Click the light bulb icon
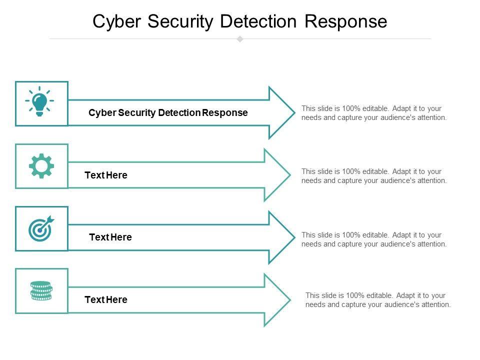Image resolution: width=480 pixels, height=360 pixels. click(39, 101)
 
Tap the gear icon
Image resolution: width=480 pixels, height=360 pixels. click(41, 166)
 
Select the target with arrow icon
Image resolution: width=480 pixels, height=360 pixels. click(41, 228)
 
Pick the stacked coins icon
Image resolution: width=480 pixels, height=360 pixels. click(41, 290)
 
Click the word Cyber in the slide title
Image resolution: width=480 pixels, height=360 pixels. click(116, 21)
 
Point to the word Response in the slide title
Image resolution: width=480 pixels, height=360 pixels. click(346, 21)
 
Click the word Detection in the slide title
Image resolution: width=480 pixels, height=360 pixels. click(258, 21)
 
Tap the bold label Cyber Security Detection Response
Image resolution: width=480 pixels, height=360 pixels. click(168, 112)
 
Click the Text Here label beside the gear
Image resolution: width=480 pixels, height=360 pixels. click(106, 175)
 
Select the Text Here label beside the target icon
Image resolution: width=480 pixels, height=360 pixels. click(110, 237)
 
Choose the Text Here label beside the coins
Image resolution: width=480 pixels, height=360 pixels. click(106, 299)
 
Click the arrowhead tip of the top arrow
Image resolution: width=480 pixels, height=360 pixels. click(295, 112)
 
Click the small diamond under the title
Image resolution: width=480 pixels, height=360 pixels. click(240, 39)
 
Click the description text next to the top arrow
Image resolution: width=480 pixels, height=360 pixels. click(374, 113)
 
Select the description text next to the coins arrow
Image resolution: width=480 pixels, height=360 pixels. click(378, 300)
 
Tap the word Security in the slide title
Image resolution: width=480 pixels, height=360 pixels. click(180, 21)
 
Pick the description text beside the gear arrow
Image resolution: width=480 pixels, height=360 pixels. click(374, 176)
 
